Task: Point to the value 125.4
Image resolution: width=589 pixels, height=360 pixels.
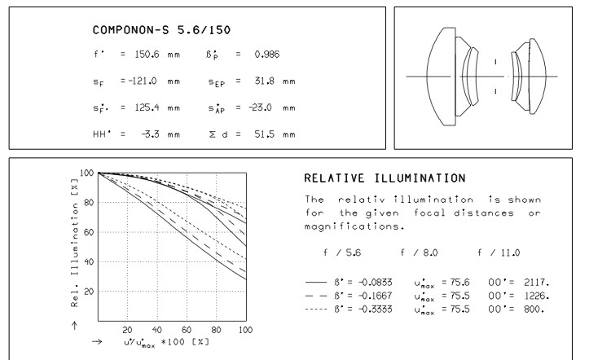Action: [148, 108]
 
